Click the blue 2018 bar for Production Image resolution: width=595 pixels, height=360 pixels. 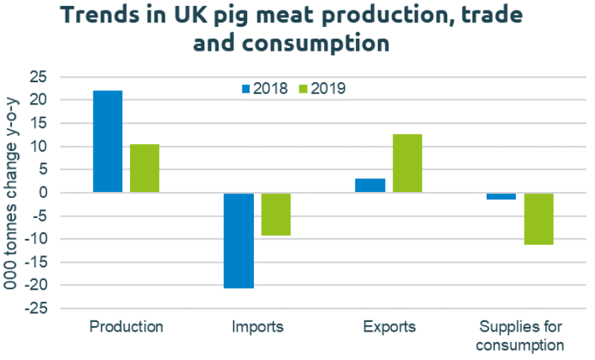(108, 141)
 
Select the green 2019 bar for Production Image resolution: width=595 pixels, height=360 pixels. (144, 168)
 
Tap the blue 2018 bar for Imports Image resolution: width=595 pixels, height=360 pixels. (239, 240)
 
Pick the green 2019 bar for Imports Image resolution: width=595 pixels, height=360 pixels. (275, 214)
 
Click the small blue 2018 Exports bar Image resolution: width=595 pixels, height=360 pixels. (370, 185)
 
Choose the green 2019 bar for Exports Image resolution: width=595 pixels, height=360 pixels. (407, 163)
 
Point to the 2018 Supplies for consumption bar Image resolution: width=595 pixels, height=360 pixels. (501, 196)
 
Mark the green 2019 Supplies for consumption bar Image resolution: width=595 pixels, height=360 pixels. (538, 218)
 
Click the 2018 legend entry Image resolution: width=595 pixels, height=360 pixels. (264, 88)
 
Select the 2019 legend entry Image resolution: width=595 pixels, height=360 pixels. (322, 88)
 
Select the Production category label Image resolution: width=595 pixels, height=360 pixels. (126, 327)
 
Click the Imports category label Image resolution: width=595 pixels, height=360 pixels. (258, 327)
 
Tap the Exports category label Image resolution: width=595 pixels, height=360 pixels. (389, 327)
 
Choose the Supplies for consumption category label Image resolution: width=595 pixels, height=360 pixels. (520, 336)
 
